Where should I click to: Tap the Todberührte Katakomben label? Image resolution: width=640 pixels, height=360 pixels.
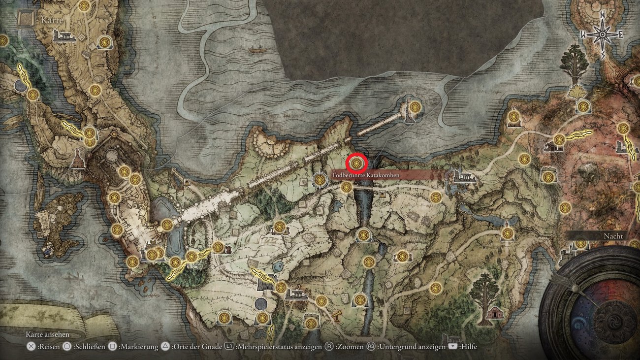click(365, 175)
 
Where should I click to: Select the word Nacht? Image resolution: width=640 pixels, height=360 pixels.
click(613, 236)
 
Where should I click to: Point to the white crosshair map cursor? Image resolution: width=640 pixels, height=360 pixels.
click(320, 181)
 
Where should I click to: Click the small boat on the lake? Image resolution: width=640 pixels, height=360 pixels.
click(255, 50)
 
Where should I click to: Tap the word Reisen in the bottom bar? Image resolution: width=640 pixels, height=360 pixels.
click(50, 347)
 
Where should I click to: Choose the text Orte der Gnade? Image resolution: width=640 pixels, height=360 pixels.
click(196, 347)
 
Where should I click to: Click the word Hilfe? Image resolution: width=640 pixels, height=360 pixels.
click(468, 347)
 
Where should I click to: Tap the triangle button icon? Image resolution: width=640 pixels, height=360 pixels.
click(165, 347)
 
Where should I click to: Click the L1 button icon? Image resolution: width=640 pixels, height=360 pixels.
click(229, 347)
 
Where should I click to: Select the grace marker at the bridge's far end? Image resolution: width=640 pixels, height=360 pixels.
click(415, 107)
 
